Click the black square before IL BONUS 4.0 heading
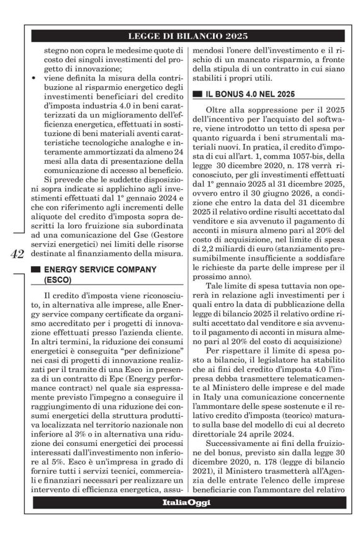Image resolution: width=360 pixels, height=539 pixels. [197, 94]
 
